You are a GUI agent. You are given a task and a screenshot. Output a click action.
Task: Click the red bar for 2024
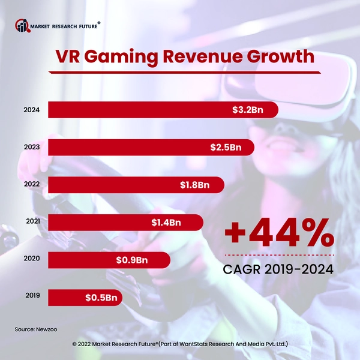click(138, 110)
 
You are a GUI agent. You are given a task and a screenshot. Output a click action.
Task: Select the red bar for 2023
click(126, 148)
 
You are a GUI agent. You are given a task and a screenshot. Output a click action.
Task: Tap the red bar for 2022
click(108, 185)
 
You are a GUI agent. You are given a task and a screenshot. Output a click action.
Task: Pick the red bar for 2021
click(96, 223)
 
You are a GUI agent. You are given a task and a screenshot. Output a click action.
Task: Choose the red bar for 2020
click(78, 260)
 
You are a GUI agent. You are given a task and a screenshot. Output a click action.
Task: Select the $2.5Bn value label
click(228, 148)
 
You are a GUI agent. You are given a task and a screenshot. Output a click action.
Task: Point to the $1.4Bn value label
click(166, 223)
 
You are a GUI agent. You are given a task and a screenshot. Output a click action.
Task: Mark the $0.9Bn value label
click(131, 260)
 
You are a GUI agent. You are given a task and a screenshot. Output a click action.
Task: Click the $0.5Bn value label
click(100, 297)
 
